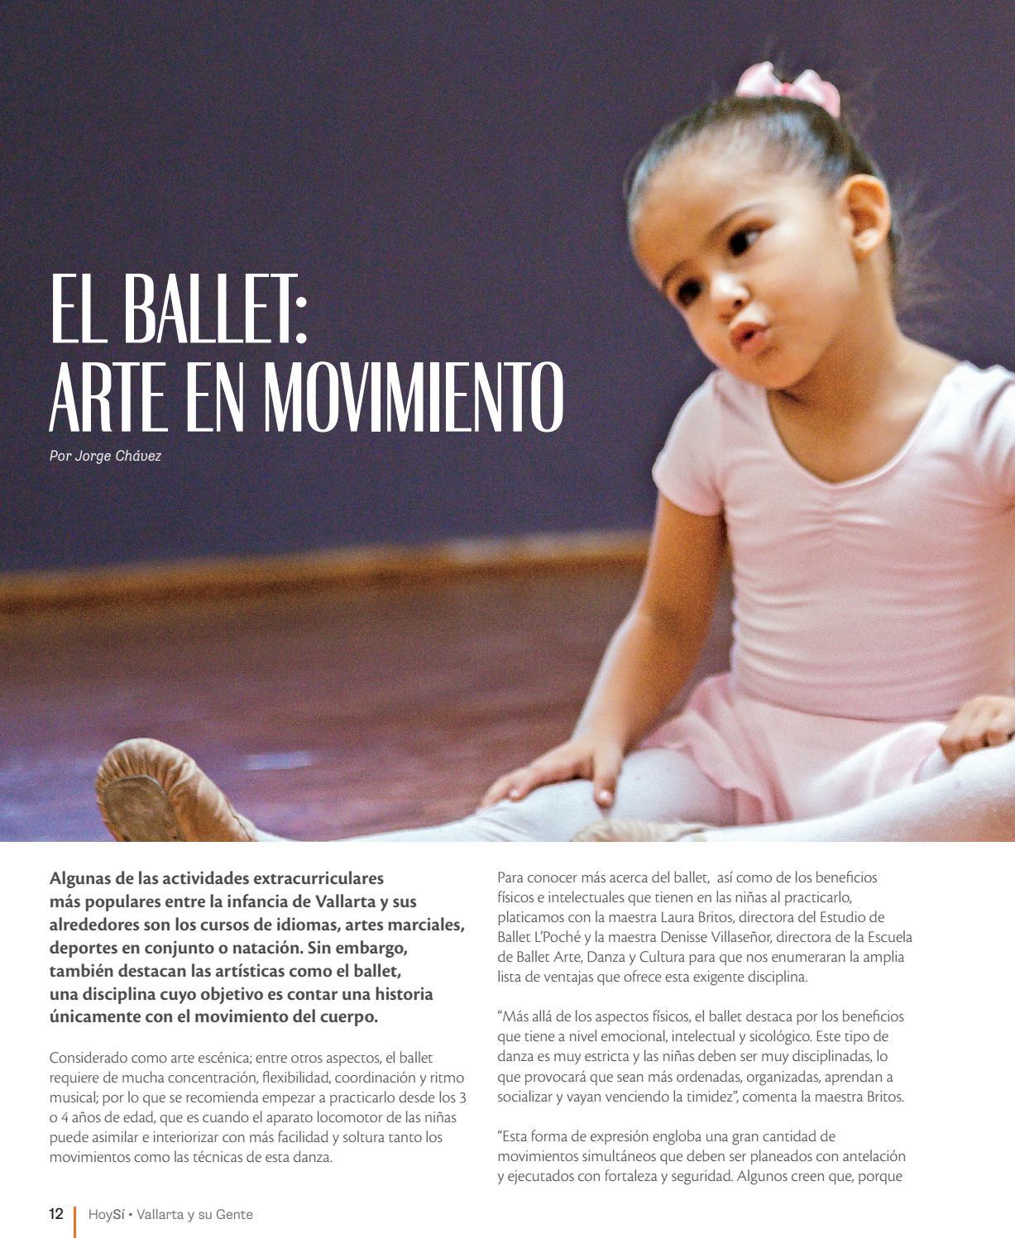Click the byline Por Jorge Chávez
pyautogui.click(x=105, y=456)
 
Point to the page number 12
pyautogui.click(x=56, y=1214)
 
